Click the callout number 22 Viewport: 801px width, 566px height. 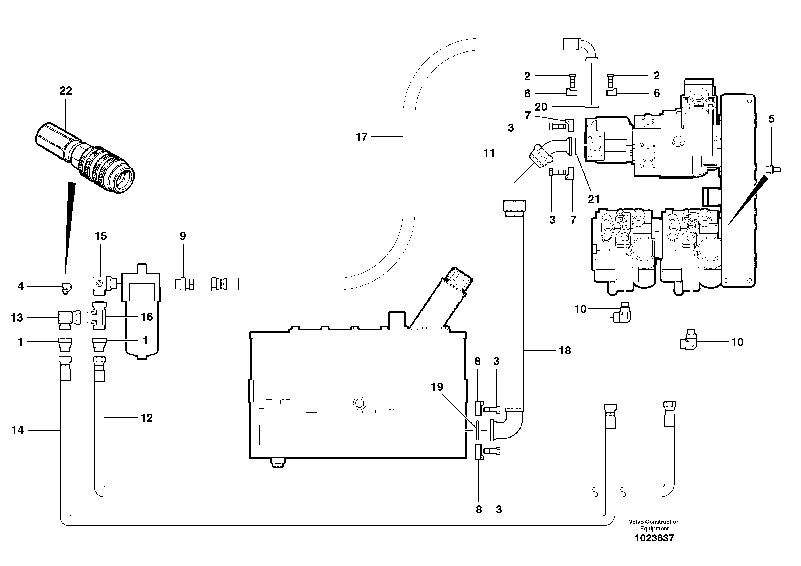(x=66, y=91)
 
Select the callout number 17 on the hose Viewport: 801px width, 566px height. (x=361, y=137)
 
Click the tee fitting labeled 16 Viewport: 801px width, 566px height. (x=99, y=316)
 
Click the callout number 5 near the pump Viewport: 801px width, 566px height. (x=771, y=119)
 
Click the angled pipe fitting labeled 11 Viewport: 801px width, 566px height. (x=541, y=157)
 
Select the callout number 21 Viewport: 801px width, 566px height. (x=593, y=199)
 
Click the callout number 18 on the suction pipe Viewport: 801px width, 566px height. (x=565, y=350)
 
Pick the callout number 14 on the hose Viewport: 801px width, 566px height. (x=17, y=430)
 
